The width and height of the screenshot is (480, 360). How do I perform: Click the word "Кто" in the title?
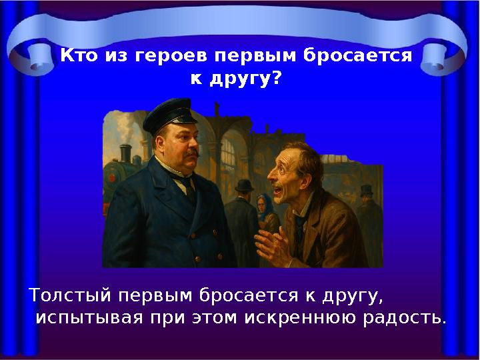point(79,55)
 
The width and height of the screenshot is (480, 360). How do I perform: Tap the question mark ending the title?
point(275,79)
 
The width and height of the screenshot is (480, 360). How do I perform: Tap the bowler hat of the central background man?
point(245,185)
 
